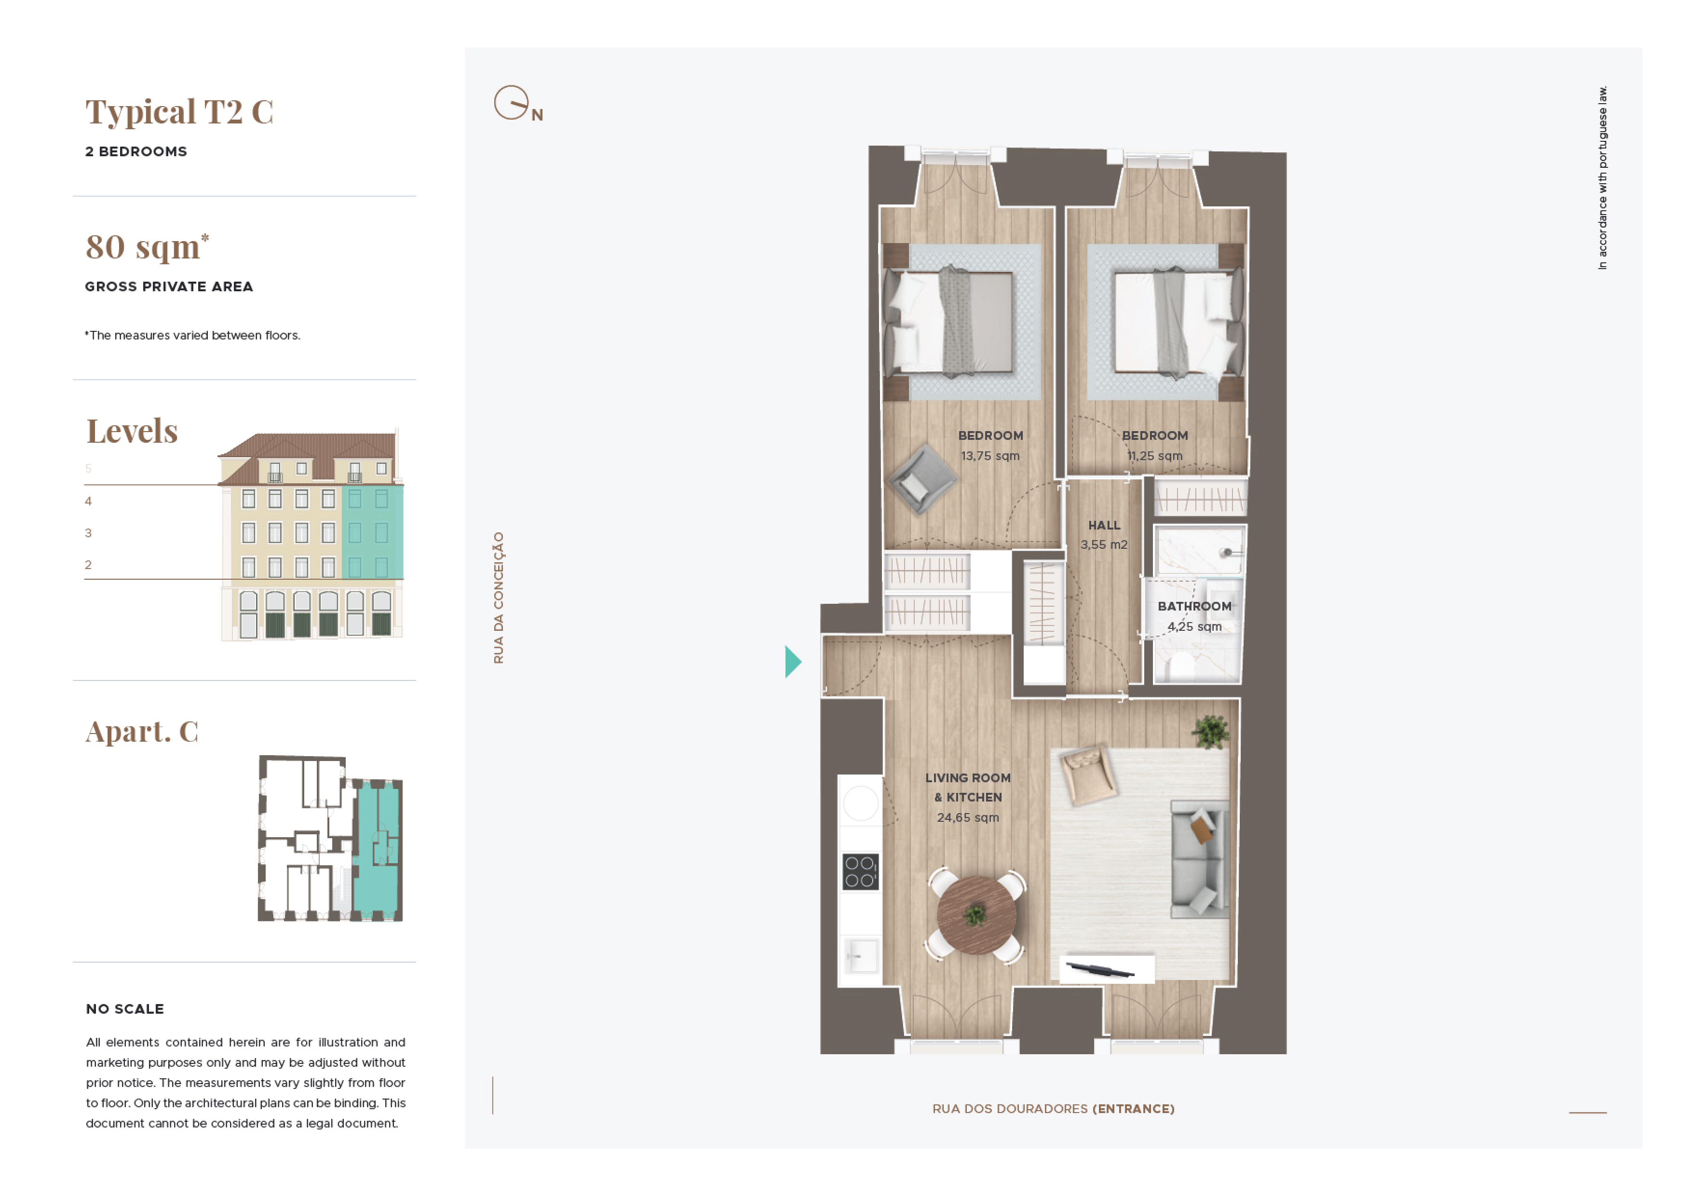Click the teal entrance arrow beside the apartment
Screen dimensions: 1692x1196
pyautogui.click(x=792, y=662)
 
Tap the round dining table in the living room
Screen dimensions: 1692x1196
pyautogui.click(x=976, y=915)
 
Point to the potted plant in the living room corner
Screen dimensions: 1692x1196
pyautogui.click(x=1211, y=732)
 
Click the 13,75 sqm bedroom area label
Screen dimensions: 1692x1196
pyautogui.click(x=990, y=456)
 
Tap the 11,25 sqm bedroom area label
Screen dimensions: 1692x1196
pyautogui.click(x=1155, y=456)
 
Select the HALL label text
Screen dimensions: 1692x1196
pyautogui.click(x=1104, y=525)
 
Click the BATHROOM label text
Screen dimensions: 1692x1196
pyautogui.click(x=1194, y=607)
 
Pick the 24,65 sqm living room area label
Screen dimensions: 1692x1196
pyautogui.click(x=968, y=817)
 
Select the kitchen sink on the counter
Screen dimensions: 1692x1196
pyautogui.click(x=861, y=956)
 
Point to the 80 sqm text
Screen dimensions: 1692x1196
pyautogui.click(x=147, y=247)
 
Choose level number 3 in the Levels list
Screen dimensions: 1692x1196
pyautogui.click(x=88, y=533)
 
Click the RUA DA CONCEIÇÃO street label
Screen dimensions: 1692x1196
pyautogui.click(x=499, y=598)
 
